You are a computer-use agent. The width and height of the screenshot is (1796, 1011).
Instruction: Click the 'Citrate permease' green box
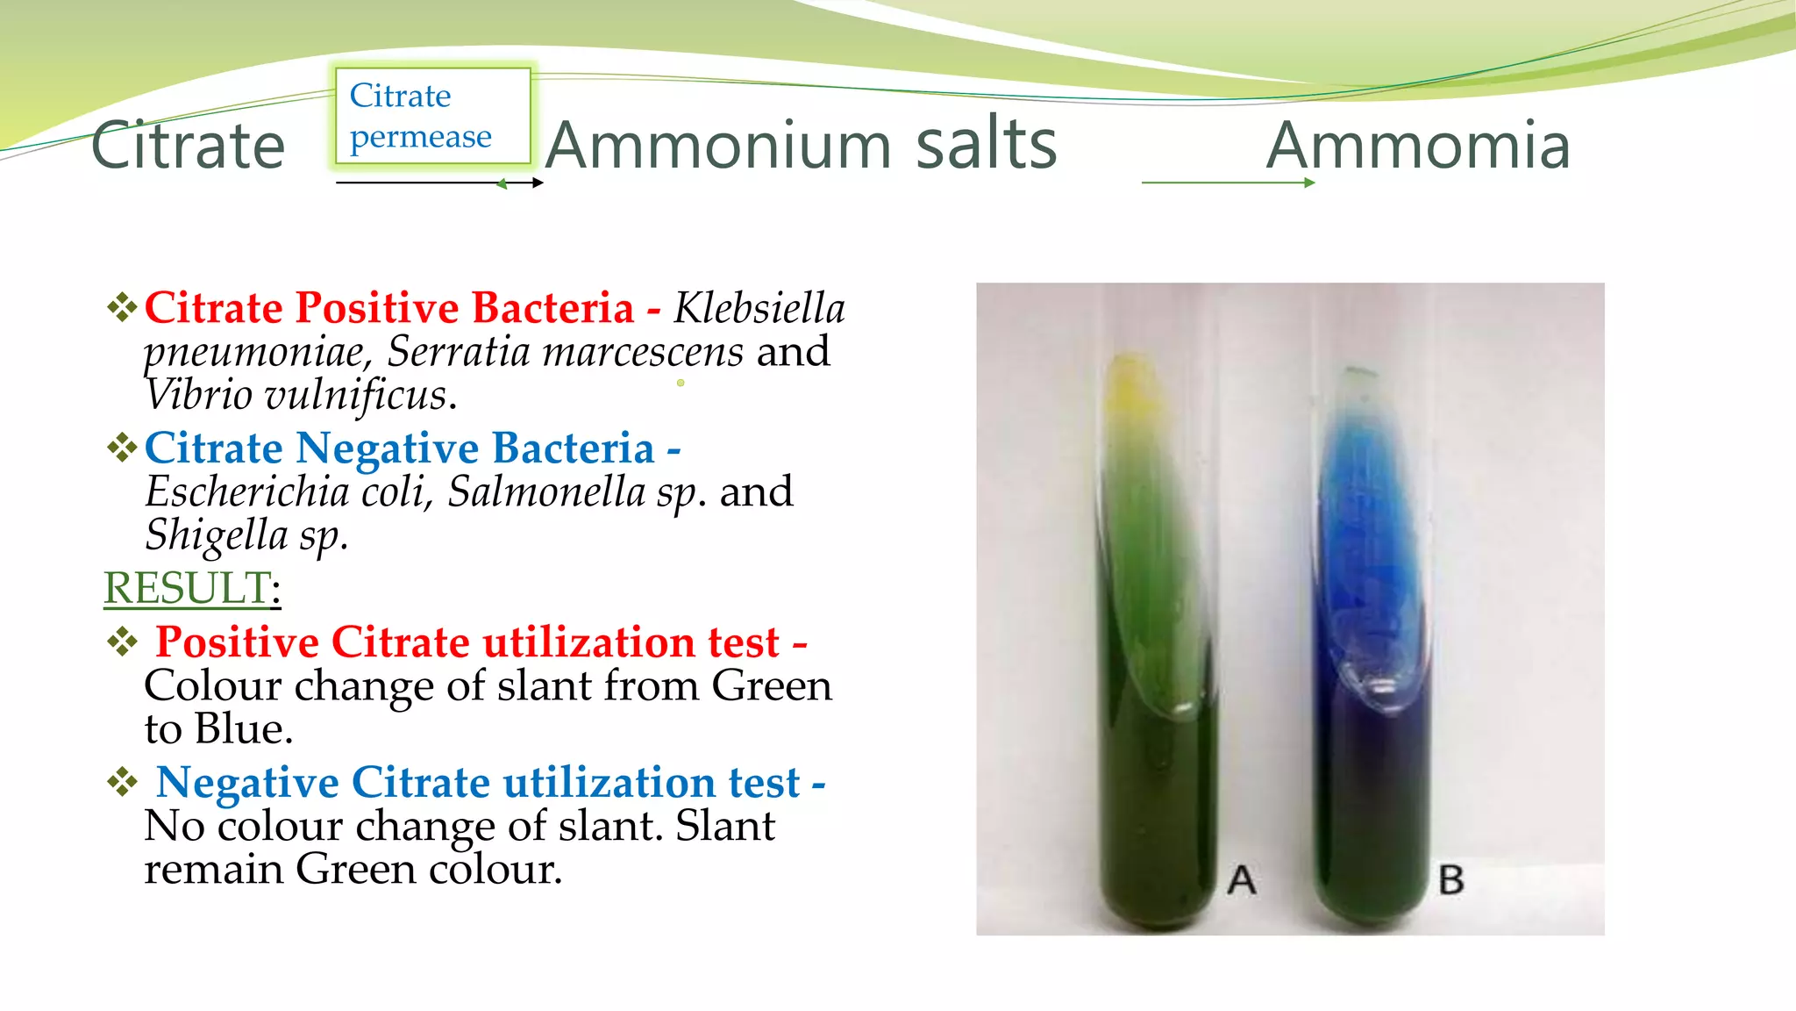pyautogui.click(x=432, y=116)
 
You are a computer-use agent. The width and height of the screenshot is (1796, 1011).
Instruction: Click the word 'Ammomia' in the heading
pyautogui.click(x=1418, y=145)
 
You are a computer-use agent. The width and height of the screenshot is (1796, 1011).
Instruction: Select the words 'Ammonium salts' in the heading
pyautogui.click(x=801, y=145)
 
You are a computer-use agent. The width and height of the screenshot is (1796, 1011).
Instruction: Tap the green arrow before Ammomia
pyautogui.click(x=1228, y=183)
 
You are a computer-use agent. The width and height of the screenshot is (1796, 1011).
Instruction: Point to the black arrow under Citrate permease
pyautogui.click(x=438, y=183)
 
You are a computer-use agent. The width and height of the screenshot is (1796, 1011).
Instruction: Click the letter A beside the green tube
pyautogui.click(x=1242, y=879)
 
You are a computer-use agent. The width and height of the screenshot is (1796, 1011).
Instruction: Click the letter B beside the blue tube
pyautogui.click(x=1451, y=879)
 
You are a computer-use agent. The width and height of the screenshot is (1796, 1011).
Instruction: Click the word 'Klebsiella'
pyautogui.click(x=759, y=308)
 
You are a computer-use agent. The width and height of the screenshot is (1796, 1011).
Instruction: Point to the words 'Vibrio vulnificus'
pyautogui.click(x=298, y=395)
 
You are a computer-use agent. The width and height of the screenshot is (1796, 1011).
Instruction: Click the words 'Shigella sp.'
pyautogui.click(x=246, y=535)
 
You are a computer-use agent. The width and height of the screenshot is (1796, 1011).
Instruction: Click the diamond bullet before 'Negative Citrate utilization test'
pyautogui.click(x=123, y=782)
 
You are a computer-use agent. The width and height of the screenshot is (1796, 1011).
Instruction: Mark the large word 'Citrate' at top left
pyautogui.click(x=188, y=146)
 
